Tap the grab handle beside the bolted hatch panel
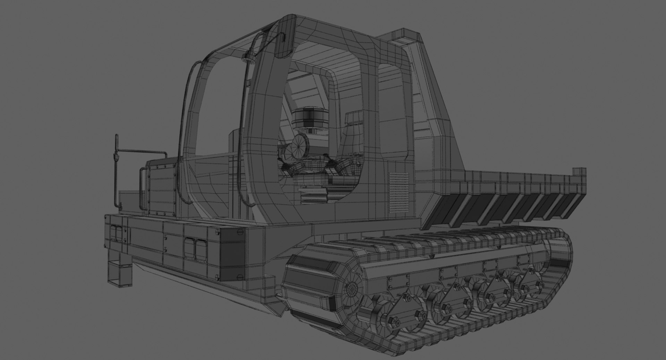(143, 189)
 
